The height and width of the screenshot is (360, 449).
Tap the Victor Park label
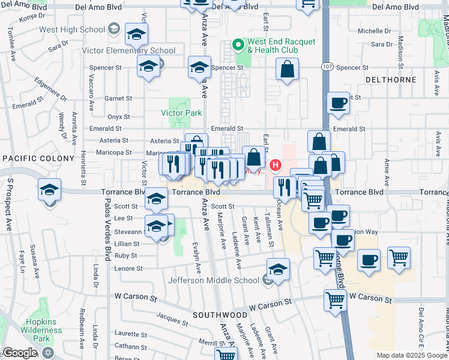point(181,113)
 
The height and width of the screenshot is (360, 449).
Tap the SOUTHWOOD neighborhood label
point(220,314)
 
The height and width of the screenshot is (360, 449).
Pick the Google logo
point(20,353)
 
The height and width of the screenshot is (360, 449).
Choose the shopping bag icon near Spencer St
point(288,69)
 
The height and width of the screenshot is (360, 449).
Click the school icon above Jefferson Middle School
point(278,269)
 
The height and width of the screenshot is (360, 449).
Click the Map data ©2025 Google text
point(411,355)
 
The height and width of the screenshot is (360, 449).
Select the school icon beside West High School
point(137,35)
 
